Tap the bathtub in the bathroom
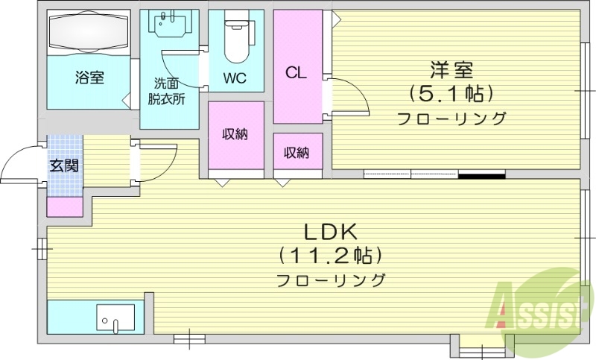(89, 33)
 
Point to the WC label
(235, 78)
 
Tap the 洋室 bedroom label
(451, 71)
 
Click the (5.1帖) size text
(451, 94)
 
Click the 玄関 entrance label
(64, 165)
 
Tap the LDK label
(331, 230)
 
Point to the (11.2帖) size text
(331, 256)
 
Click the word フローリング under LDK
(331, 281)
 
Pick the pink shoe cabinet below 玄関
(65, 206)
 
